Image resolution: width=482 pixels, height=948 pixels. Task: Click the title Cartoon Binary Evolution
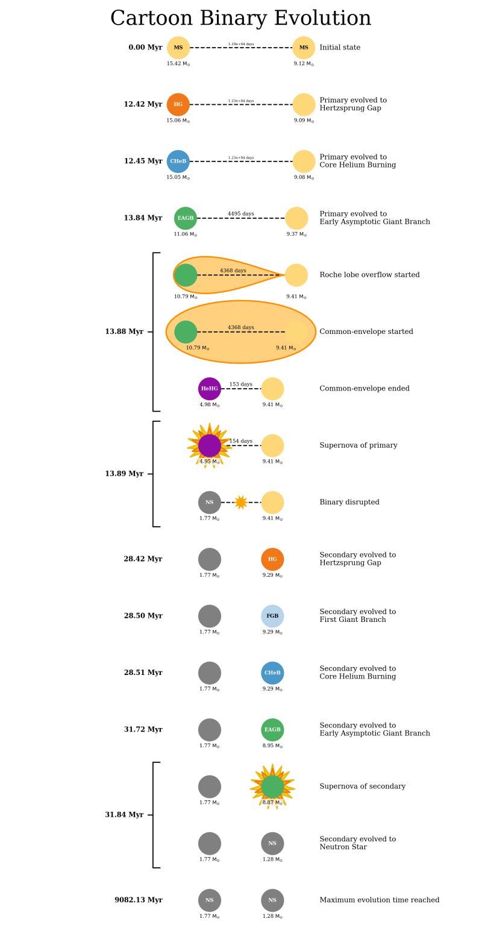240,18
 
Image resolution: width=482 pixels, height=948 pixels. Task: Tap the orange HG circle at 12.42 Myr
178,104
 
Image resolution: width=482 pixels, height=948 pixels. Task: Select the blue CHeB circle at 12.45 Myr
178,162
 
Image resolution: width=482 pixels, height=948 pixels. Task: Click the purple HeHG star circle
210,389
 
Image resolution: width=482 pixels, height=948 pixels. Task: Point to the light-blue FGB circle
272,616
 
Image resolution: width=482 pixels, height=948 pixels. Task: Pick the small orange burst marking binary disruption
241,502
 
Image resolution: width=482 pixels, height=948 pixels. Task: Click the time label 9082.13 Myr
139,900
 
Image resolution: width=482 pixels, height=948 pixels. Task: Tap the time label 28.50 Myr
143,616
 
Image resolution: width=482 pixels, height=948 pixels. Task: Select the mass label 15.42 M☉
178,64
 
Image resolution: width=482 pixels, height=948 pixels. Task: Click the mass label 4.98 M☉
210,405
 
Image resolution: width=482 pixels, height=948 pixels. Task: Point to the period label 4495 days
241,213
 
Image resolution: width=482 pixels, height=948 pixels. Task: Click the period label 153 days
241,384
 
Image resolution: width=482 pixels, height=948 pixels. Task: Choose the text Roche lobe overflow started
369,275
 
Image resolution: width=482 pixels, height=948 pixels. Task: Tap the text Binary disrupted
349,502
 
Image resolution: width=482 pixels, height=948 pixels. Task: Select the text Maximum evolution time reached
379,900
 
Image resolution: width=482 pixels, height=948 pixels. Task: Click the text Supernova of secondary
362,786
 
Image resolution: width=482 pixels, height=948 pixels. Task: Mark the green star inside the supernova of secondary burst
272,786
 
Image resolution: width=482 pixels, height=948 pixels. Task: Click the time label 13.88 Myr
124,331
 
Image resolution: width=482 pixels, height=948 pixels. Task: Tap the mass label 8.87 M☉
272,803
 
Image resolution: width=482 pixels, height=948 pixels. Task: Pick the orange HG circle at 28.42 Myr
272,559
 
